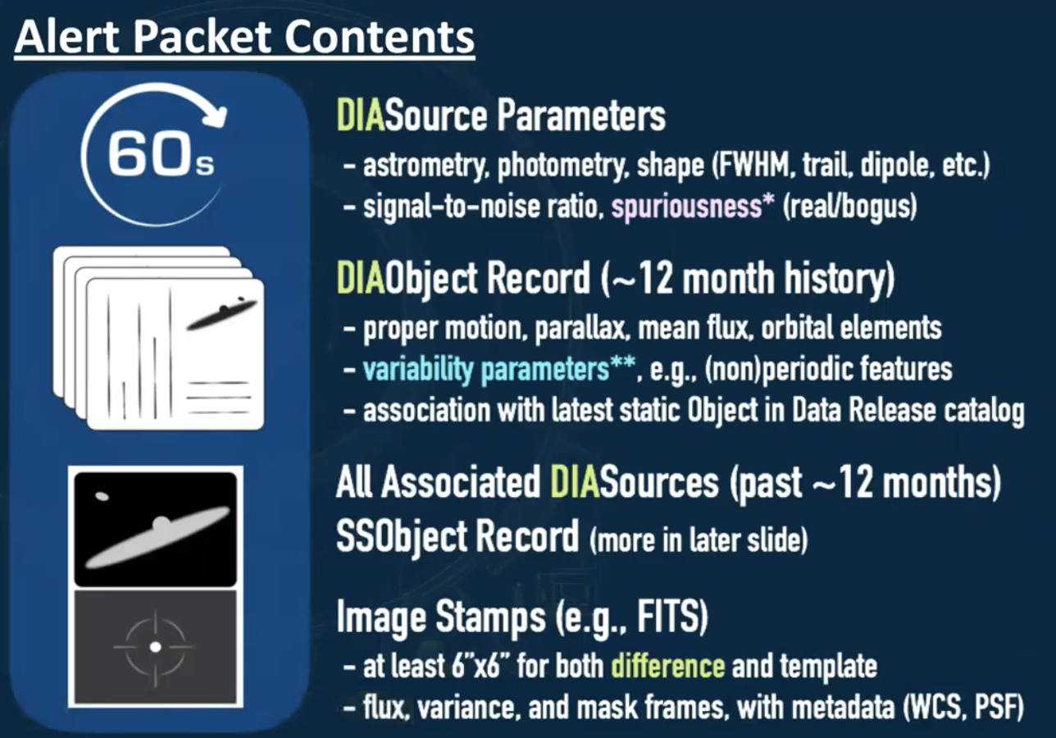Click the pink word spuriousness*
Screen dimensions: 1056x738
click(x=693, y=207)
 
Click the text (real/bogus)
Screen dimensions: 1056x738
click(x=849, y=207)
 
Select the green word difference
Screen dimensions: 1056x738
click(x=667, y=665)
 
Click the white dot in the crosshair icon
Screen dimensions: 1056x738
click(x=155, y=647)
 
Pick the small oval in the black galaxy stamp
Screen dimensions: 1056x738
click(x=102, y=496)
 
